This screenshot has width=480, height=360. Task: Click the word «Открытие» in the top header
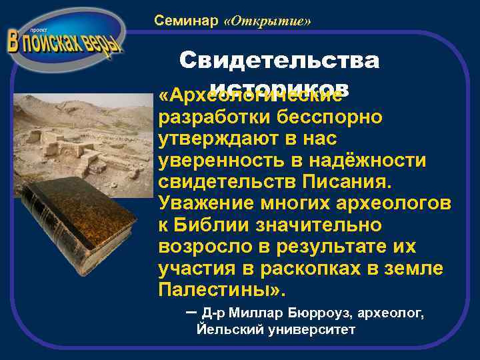(x=268, y=21)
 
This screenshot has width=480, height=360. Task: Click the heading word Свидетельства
(x=279, y=61)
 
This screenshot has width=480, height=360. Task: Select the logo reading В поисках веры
(x=65, y=41)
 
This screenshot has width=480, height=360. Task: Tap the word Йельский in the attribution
(x=225, y=330)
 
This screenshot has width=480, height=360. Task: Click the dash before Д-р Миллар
(x=191, y=311)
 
